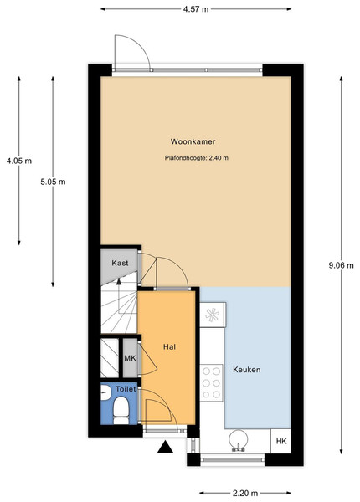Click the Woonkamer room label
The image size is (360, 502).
pyautogui.click(x=193, y=141)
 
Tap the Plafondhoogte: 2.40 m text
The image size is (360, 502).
pyautogui.click(x=197, y=158)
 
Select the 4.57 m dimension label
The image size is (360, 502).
pyautogui.click(x=196, y=9)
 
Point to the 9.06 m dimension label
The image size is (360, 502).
pyautogui.click(x=341, y=265)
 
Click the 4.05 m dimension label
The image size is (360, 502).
pyautogui.click(x=19, y=161)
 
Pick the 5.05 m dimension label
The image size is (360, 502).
pyautogui.click(x=53, y=182)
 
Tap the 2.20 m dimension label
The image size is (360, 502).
pyautogui.click(x=245, y=493)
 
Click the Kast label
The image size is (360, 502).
pyautogui.click(x=120, y=263)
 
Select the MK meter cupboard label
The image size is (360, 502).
pyautogui.click(x=130, y=358)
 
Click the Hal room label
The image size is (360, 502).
pyautogui.click(x=169, y=346)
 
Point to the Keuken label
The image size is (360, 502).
pyautogui.click(x=247, y=370)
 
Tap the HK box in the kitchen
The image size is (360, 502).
pyautogui.click(x=281, y=441)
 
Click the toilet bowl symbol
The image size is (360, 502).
pyautogui.click(x=121, y=411)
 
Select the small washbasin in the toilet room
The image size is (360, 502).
pyautogui.click(x=105, y=392)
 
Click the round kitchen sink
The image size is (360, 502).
pyautogui.click(x=239, y=439)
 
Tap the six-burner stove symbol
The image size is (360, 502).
pyautogui.click(x=211, y=383)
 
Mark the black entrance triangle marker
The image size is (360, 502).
pyautogui.click(x=165, y=447)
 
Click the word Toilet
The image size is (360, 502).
pyautogui.click(x=126, y=389)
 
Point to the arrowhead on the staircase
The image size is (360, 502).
pyautogui.click(x=119, y=281)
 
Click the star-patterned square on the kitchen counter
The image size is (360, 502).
pyautogui.click(x=212, y=315)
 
